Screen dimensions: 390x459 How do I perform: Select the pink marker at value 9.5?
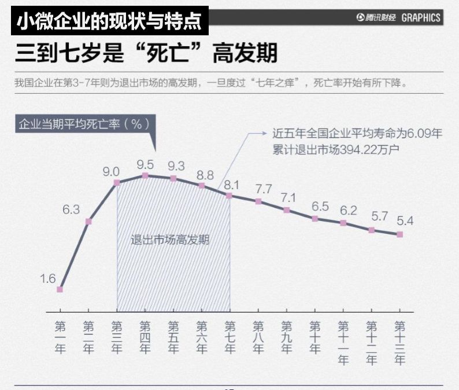point(145,175)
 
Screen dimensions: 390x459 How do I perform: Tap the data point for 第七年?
point(229,196)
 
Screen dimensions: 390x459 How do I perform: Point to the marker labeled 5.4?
point(399,234)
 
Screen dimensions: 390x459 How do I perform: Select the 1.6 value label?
point(47,279)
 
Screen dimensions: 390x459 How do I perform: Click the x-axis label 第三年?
point(117,337)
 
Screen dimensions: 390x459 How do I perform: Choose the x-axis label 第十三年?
point(399,343)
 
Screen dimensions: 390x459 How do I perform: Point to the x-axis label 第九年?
point(286,337)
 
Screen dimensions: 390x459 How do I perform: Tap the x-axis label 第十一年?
point(343,343)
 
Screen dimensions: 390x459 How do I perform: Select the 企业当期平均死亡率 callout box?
point(84,124)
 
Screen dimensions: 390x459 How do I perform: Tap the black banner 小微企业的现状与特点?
point(109,21)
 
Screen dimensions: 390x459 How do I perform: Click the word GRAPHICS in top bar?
point(421,18)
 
